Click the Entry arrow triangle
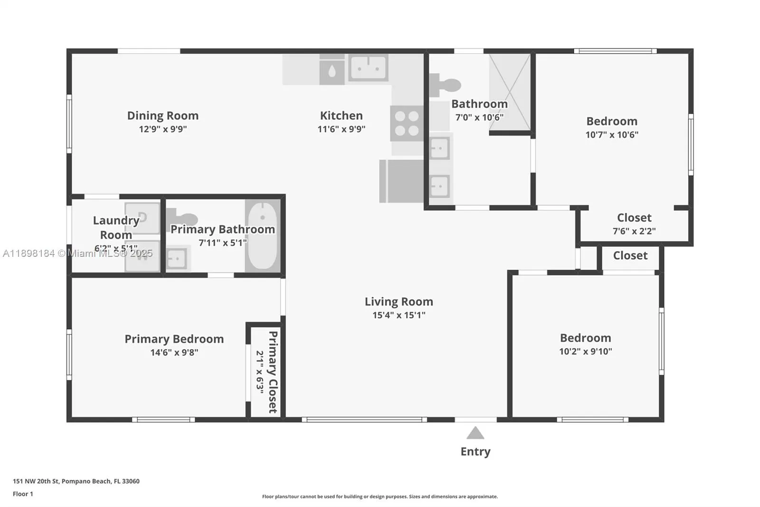tap(475, 433)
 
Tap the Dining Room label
tap(162, 116)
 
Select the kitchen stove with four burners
tap(407, 123)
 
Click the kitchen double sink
tap(368, 68)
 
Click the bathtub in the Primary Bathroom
tap(262, 235)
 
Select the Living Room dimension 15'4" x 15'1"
tap(399, 315)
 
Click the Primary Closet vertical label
tap(273, 371)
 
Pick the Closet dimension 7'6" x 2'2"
tap(634, 231)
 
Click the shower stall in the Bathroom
tap(510, 91)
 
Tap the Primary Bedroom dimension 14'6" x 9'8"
tap(174, 352)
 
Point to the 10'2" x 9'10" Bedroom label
tap(585, 338)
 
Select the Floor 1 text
tap(23, 494)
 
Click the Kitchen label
tap(341, 116)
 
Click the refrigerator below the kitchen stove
tap(402, 181)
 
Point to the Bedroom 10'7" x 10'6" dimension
tap(611, 135)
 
